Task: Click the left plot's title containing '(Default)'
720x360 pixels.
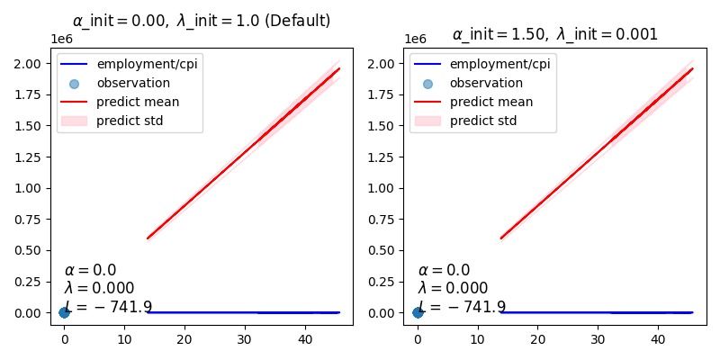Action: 202,20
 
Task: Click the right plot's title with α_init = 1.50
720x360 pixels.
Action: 554,34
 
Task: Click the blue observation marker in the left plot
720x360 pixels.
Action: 64,312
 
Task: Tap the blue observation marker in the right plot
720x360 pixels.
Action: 418,312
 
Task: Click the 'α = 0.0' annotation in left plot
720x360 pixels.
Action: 90,270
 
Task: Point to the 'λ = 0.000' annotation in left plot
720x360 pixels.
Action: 99,288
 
